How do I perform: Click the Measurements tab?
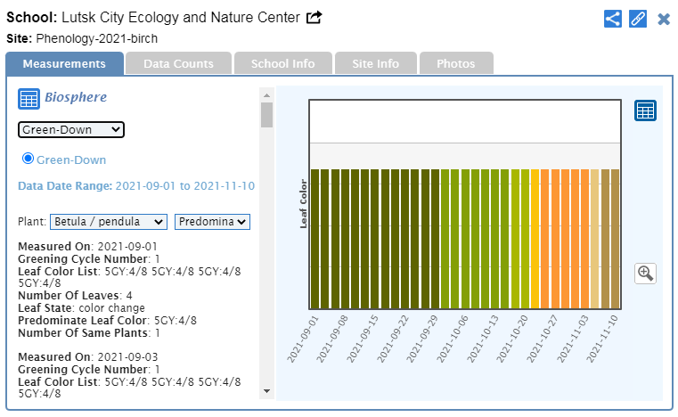[x=64, y=64]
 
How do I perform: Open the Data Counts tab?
[x=178, y=64]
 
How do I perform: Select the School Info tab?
[x=282, y=64]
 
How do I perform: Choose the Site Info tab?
[x=375, y=64]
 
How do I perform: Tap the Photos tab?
[x=454, y=64]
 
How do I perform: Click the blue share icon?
[x=613, y=19]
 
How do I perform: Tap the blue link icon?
[x=638, y=19]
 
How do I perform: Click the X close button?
[x=664, y=19]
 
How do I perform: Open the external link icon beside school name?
[x=314, y=18]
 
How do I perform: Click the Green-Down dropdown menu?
[x=71, y=130]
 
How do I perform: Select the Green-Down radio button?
[x=28, y=159]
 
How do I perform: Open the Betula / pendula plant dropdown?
[x=109, y=221]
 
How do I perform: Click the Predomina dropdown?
[x=213, y=221]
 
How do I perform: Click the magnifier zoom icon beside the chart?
[x=646, y=274]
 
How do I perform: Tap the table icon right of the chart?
[x=645, y=110]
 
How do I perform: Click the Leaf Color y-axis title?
[x=303, y=204]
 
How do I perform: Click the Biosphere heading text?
[x=76, y=97]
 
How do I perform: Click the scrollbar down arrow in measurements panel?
[x=266, y=390]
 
